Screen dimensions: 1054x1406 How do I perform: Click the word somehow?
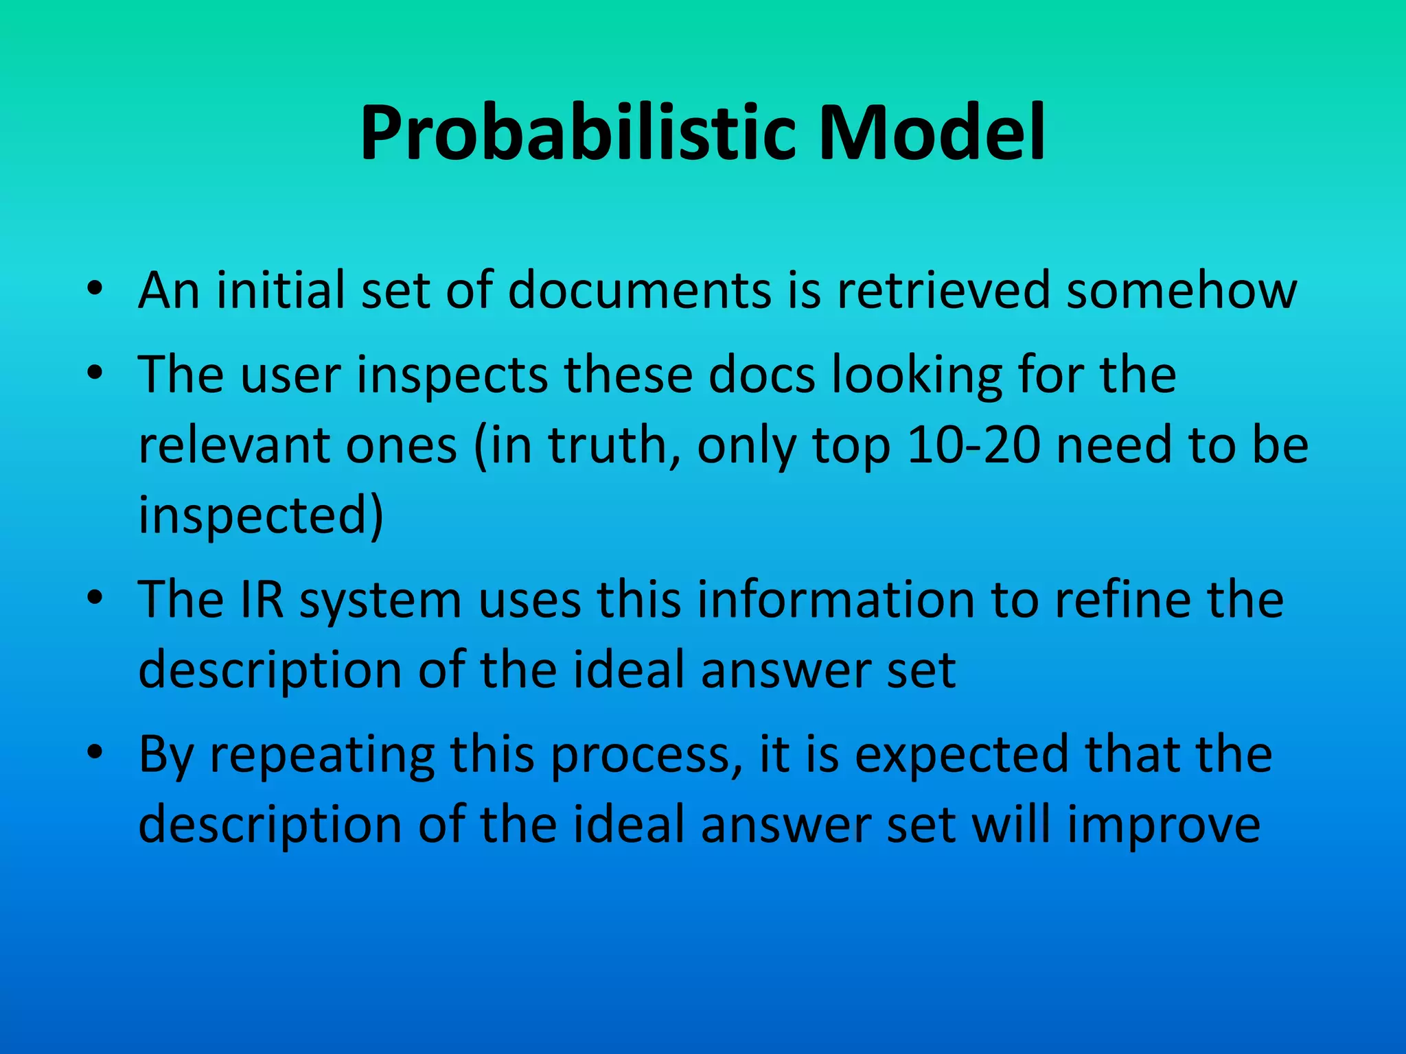click(x=1182, y=290)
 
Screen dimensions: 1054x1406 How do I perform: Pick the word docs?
click(x=762, y=375)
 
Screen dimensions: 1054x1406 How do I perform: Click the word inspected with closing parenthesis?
click(x=261, y=516)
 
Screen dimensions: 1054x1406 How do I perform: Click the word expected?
click(x=962, y=756)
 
